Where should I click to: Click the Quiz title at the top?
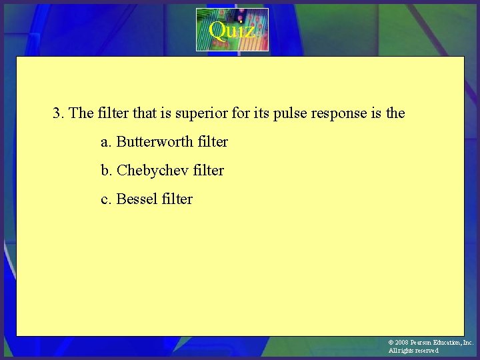(231, 30)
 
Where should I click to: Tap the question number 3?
(57, 113)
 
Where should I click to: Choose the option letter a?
(105, 142)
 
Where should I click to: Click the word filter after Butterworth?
(213, 142)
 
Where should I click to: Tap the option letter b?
(105, 171)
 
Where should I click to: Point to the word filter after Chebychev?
(209, 171)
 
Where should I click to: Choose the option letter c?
(105, 199)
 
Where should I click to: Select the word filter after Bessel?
(178, 199)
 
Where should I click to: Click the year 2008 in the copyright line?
(402, 343)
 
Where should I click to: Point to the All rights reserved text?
(413, 351)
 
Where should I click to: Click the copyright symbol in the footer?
(391, 343)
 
